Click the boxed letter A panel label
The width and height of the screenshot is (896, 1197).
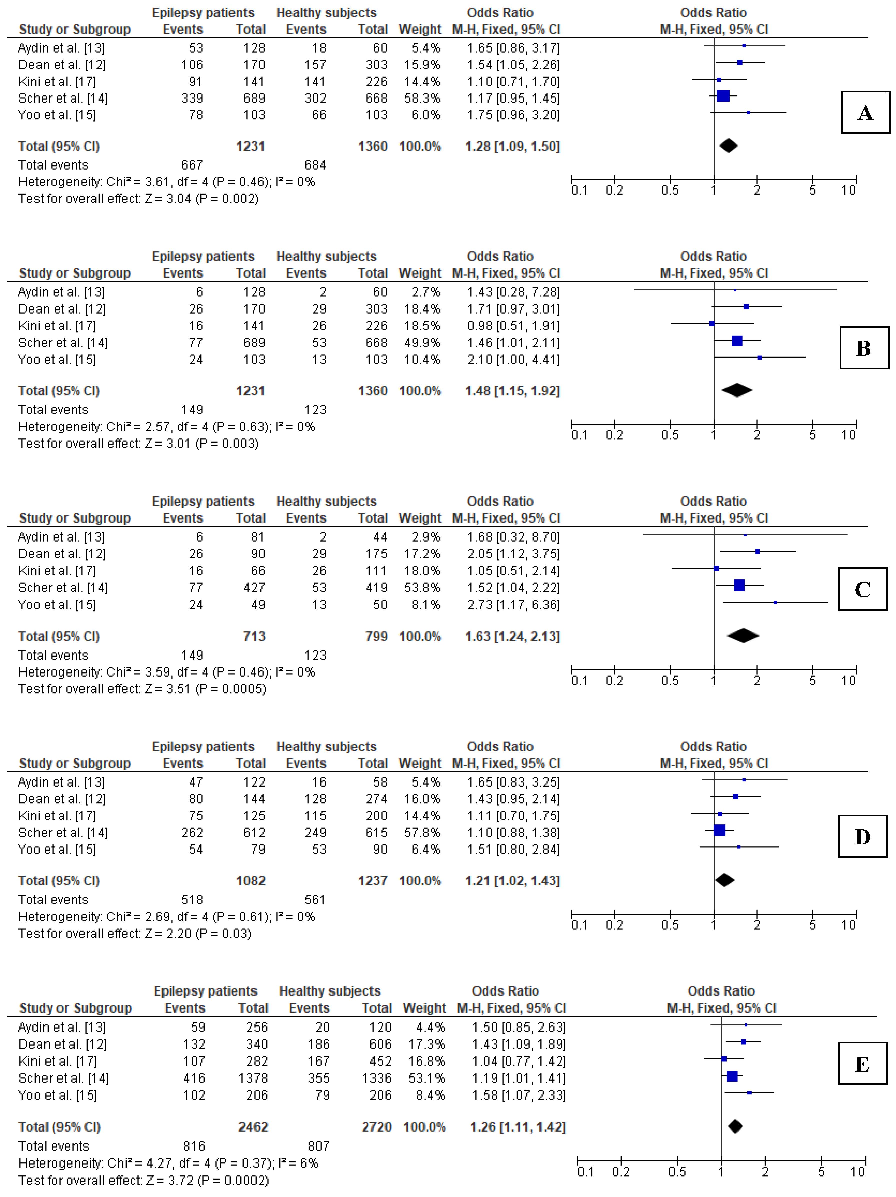coord(865,113)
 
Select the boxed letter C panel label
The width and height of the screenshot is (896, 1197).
coord(862,589)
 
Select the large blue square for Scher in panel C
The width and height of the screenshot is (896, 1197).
coord(739,585)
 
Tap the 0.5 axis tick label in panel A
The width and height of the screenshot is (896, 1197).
coord(670,190)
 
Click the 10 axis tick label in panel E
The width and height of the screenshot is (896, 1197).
coord(857,1172)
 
